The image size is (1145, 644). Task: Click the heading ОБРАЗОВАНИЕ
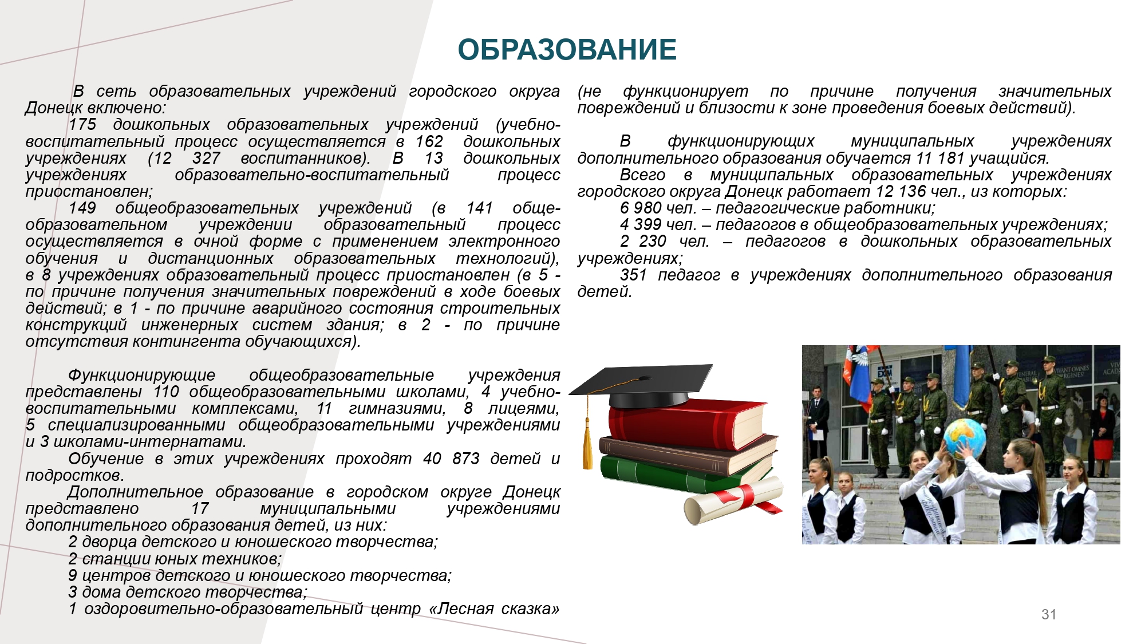567,49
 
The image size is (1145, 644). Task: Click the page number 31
1049,614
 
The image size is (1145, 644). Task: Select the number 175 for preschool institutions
82,124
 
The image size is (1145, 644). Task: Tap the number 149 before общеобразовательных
82,208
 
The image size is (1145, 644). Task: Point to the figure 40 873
451,459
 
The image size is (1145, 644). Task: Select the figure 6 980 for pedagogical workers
641,208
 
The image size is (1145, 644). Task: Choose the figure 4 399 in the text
641,224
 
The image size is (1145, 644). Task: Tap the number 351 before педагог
633,275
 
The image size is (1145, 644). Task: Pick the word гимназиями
397,409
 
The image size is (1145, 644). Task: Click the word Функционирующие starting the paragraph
141,376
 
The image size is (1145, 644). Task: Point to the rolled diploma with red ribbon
733,500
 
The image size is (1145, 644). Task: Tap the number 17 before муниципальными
200,508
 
